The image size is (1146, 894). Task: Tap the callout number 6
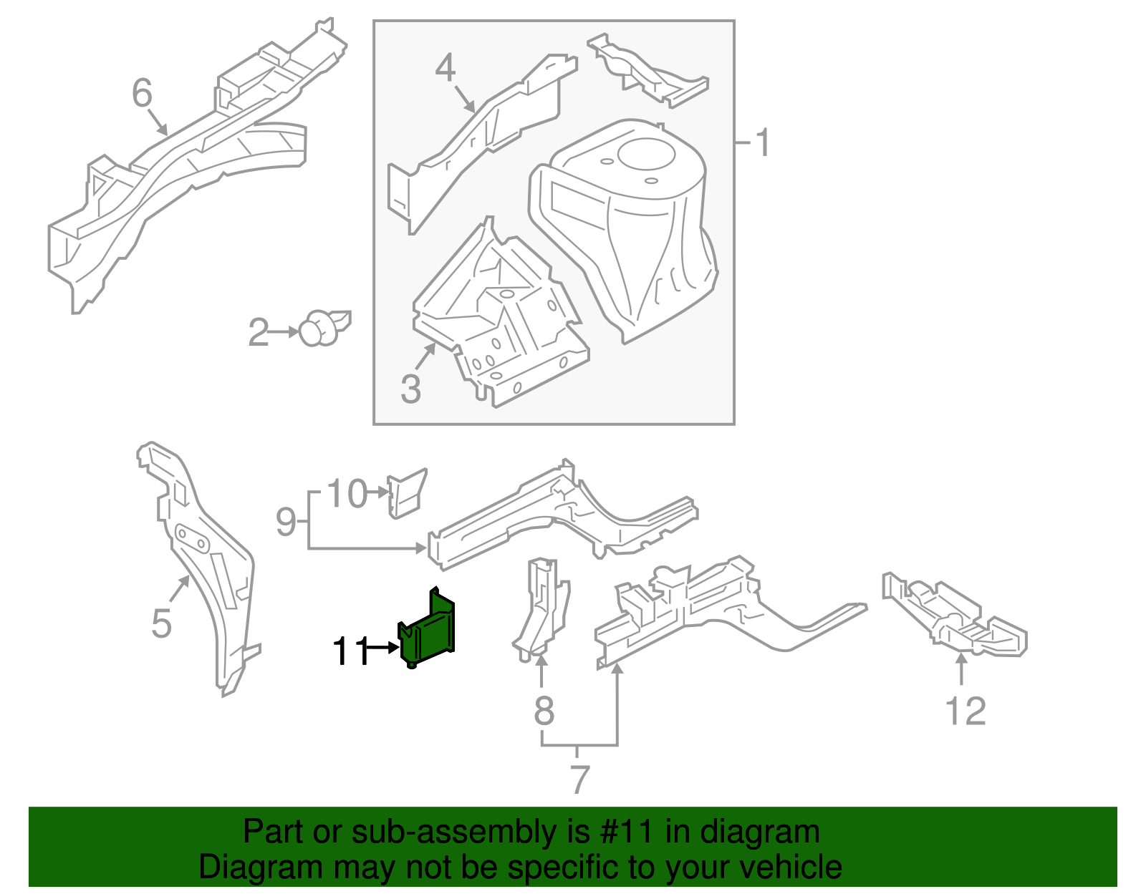point(143,93)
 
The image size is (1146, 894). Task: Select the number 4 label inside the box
point(446,68)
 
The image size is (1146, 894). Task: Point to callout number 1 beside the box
point(763,142)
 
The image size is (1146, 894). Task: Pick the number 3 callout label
point(410,389)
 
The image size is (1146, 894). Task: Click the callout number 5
point(162,623)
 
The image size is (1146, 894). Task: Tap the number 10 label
point(347,494)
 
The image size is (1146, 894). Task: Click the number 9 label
point(286,522)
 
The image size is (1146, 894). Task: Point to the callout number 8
point(544,711)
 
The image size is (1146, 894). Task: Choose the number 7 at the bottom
point(580,779)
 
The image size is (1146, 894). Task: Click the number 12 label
point(966,711)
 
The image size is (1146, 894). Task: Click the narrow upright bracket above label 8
point(542,608)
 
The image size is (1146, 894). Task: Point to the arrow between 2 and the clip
point(285,332)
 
